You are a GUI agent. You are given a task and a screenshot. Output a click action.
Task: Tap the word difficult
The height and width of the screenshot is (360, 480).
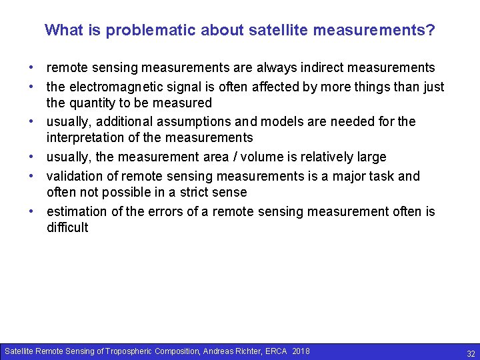click(67, 228)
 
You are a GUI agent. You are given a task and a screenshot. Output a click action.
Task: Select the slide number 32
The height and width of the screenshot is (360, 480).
click(471, 354)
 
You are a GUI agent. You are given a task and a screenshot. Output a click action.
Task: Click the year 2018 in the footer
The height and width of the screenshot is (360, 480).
click(301, 351)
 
